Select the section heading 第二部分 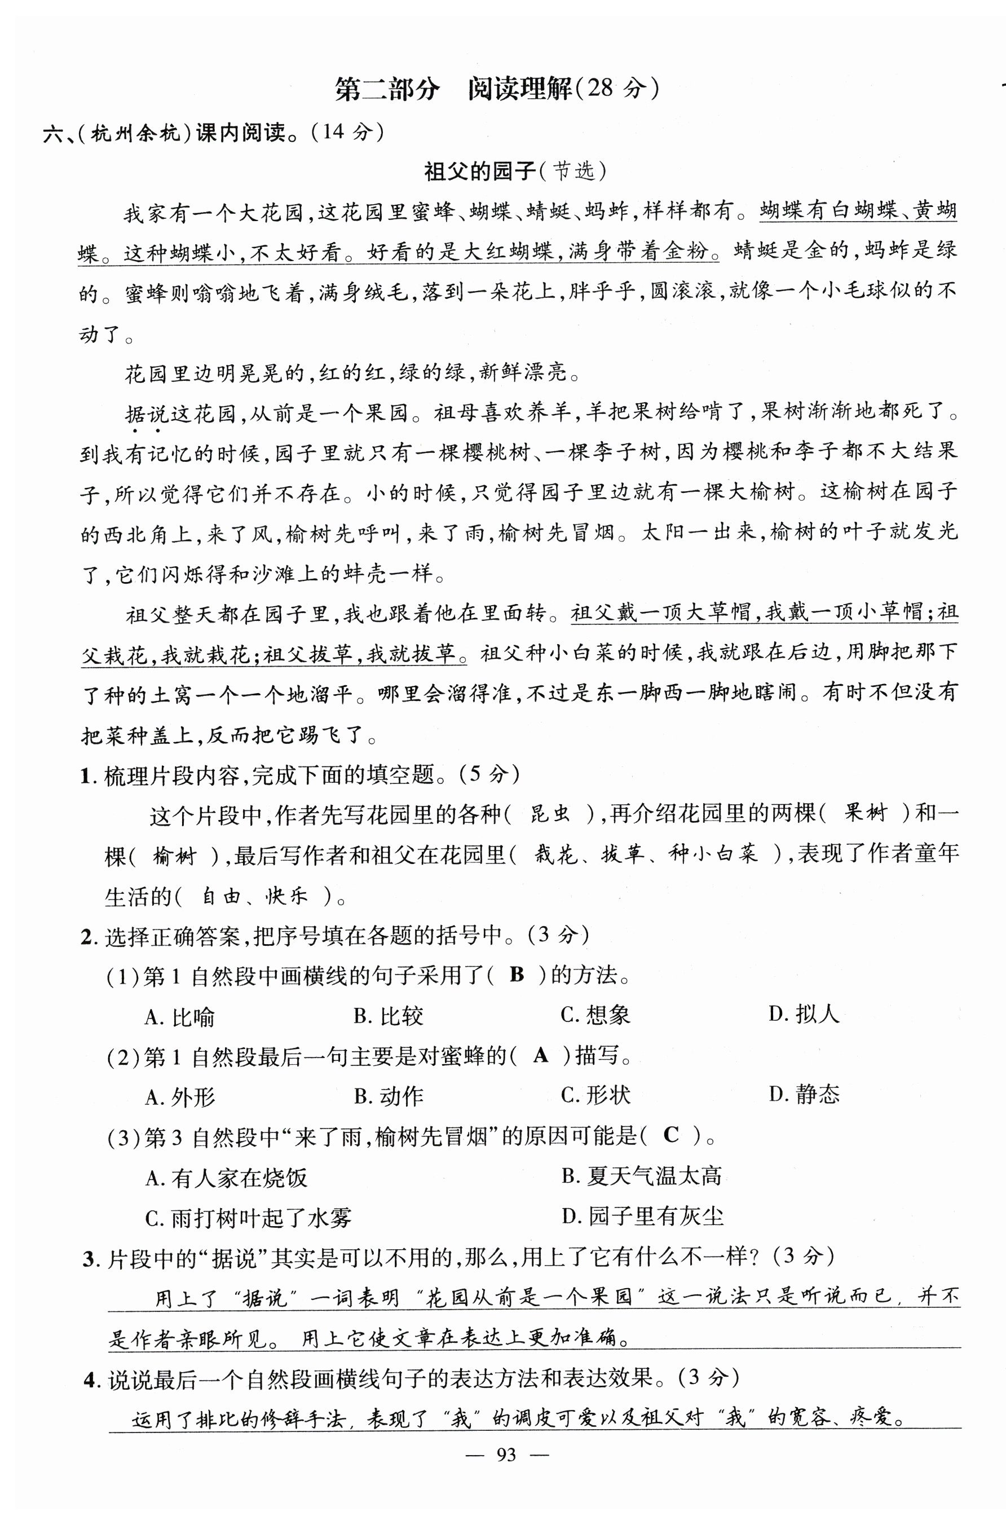pos(388,90)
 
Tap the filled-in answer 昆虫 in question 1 pos(549,815)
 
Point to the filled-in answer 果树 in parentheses pos(866,814)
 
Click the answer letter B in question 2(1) pos(517,975)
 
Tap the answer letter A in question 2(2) pos(541,1055)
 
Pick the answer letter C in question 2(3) pos(671,1135)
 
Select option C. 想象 pos(595,1015)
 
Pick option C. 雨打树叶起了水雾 pos(248,1218)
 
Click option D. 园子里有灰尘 pos(642,1216)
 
